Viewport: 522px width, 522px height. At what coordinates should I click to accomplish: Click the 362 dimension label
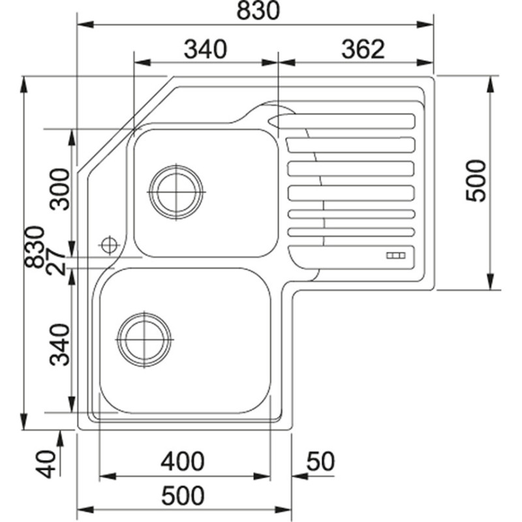click(362, 49)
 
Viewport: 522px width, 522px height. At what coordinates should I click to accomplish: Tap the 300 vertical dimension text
click(59, 189)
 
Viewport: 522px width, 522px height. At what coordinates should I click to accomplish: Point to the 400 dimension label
click(182, 461)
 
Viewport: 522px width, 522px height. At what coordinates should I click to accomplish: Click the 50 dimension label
click(320, 461)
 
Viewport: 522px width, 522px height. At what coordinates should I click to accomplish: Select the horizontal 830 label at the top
click(257, 11)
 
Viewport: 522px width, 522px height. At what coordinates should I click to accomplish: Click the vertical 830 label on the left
click(34, 247)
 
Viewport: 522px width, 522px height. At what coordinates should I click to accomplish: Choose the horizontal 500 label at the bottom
click(182, 495)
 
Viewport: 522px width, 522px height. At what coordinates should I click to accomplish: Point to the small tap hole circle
click(109, 245)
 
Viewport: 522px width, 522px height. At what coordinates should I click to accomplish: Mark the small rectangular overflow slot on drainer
click(397, 256)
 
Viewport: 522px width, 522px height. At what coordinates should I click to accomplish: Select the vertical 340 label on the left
click(59, 345)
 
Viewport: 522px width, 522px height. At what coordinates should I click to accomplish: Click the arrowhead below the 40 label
click(60, 438)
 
